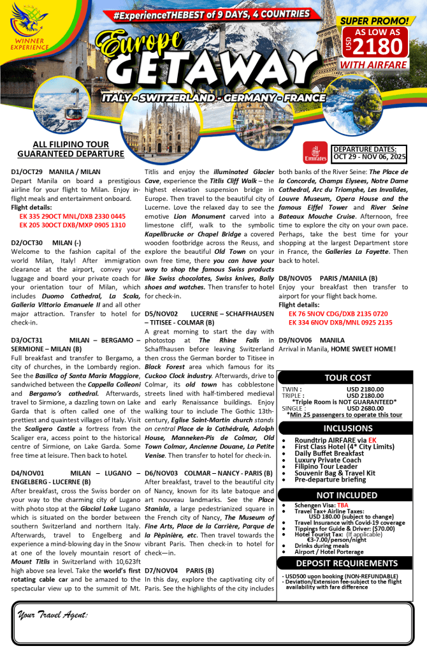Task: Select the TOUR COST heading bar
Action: [348, 378]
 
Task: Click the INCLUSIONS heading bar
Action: [348, 428]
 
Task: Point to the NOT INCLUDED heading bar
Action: [348, 495]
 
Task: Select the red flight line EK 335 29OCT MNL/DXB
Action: [73, 217]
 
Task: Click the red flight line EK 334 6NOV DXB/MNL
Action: [340, 323]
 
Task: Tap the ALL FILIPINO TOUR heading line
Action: [71, 145]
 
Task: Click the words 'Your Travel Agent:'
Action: [53, 615]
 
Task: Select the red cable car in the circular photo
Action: [75, 115]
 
